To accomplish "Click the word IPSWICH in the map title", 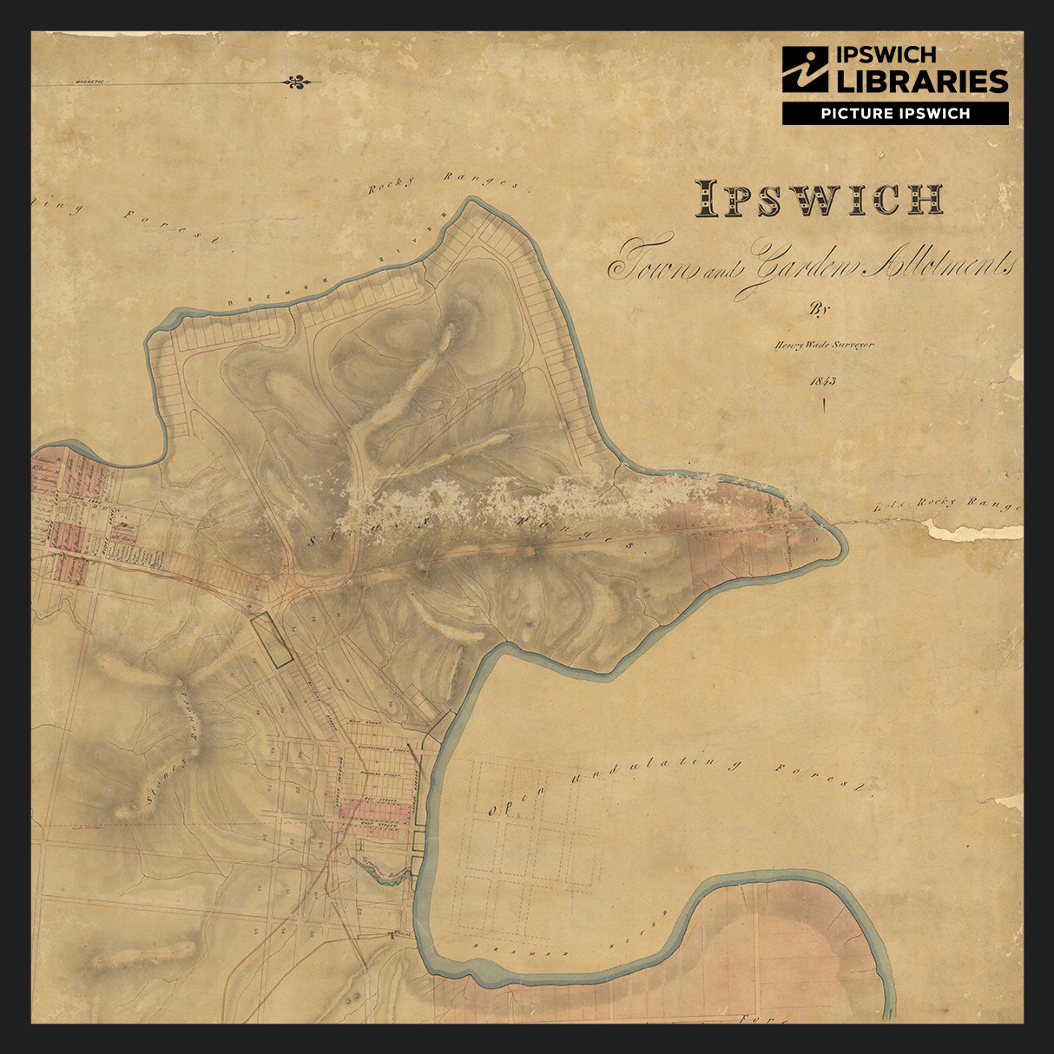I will click(819, 200).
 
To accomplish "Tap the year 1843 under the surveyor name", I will click(821, 380).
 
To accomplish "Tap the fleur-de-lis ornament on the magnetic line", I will click(296, 82).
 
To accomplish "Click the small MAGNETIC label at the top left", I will click(89, 82).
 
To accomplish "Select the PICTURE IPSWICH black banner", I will click(895, 113).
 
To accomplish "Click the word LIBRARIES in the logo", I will click(921, 82).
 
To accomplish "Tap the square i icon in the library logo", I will click(805, 69).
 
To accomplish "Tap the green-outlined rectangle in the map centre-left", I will click(270, 640).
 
